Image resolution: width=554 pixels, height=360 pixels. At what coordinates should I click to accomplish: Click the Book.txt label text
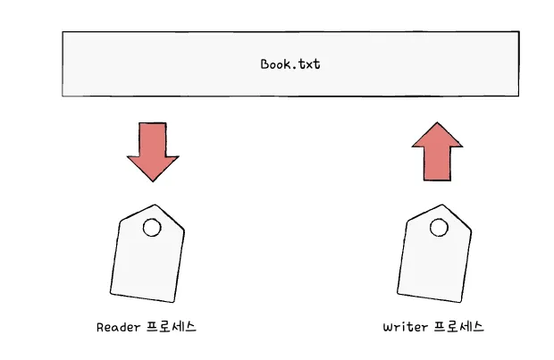coord(290,64)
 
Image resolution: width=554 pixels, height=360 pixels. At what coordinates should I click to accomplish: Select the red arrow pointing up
coord(437,152)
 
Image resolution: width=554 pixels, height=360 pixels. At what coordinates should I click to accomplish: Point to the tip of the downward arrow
coord(154,180)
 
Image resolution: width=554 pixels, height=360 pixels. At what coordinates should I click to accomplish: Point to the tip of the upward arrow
coord(437,123)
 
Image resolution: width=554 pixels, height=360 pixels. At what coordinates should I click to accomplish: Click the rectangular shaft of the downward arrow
coord(153,138)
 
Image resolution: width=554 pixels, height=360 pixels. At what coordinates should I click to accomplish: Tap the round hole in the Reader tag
coord(152,228)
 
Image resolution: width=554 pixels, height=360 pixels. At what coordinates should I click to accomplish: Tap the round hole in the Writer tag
coord(439,227)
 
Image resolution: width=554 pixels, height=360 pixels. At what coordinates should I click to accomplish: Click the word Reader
coord(118,327)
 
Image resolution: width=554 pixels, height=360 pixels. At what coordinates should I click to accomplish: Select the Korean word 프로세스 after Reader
coord(171,327)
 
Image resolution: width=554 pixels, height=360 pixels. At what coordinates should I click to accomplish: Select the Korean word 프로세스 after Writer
coord(457,327)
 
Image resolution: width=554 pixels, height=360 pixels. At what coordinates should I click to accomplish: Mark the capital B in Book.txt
coord(264,64)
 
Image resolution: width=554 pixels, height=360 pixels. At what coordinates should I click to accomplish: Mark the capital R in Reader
coord(100,327)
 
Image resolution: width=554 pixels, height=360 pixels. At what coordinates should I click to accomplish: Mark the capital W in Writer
coord(387,327)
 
